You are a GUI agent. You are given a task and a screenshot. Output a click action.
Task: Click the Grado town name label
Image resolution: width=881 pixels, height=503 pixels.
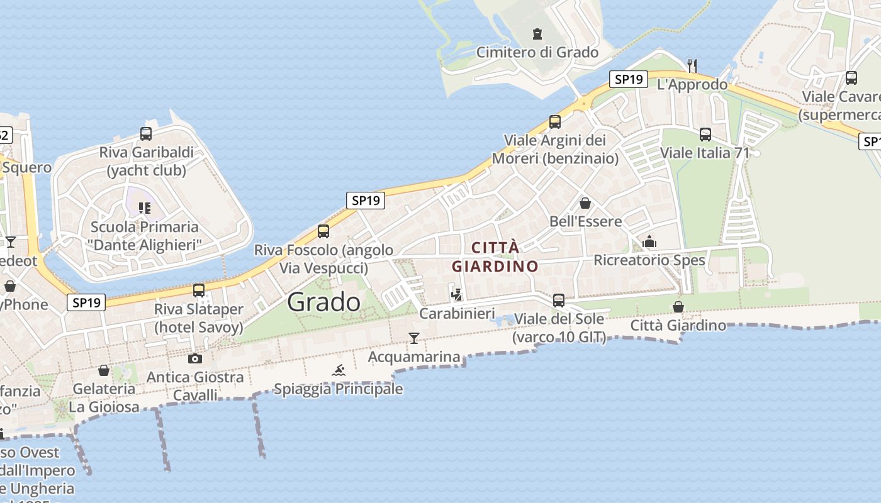click(323, 302)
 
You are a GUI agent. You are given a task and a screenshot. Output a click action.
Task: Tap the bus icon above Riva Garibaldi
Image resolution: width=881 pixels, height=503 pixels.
click(146, 133)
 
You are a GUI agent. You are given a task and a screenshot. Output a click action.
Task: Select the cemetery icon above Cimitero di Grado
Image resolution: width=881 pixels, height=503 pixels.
click(537, 33)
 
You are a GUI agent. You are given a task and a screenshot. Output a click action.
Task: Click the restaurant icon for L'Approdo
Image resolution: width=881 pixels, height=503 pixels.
click(692, 65)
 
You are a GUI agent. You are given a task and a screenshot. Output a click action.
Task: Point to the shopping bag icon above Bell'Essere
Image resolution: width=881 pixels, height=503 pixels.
click(585, 203)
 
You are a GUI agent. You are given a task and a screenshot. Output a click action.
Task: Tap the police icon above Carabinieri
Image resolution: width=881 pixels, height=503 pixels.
click(457, 294)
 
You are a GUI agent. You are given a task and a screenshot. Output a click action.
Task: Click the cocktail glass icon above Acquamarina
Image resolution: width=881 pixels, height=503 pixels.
click(413, 338)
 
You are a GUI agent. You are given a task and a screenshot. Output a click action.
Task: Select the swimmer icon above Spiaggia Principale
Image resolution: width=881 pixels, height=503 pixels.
click(339, 370)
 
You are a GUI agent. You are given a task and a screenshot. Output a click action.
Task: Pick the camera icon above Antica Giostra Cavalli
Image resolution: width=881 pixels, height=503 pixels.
click(195, 358)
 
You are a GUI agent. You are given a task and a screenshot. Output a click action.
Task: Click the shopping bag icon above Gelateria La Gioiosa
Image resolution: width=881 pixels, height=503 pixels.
click(104, 370)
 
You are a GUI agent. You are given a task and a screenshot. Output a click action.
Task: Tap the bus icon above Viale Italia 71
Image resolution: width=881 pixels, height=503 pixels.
click(705, 134)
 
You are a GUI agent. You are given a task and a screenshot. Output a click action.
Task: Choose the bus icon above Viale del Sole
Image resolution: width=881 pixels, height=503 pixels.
click(559, 300)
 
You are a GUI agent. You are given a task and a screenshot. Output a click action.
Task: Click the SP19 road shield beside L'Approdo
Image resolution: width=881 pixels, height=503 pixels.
click(628, 79)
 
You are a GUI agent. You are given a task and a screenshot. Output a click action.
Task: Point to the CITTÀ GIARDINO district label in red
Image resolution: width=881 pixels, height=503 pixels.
click(495, 257)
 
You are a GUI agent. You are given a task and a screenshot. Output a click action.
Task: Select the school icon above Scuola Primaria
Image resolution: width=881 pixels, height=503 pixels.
click(145, 207)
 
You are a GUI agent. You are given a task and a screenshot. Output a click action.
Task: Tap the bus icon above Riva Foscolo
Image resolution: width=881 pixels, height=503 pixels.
click(323, 231)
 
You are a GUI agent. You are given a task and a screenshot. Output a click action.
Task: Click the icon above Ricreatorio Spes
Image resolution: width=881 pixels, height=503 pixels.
click(649, 241)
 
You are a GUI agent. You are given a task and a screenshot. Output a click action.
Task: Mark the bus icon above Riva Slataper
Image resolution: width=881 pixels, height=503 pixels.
click(199, 290)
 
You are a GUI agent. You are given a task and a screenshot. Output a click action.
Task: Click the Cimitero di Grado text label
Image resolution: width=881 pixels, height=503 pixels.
click(537, 52)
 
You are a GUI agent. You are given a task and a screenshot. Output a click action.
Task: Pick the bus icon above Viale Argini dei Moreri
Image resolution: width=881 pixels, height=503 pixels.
click(555, 121)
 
